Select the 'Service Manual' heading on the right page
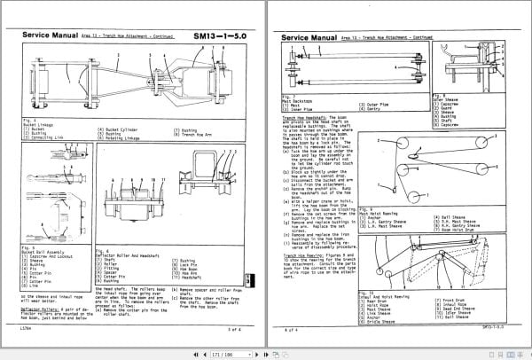[306, 39]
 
